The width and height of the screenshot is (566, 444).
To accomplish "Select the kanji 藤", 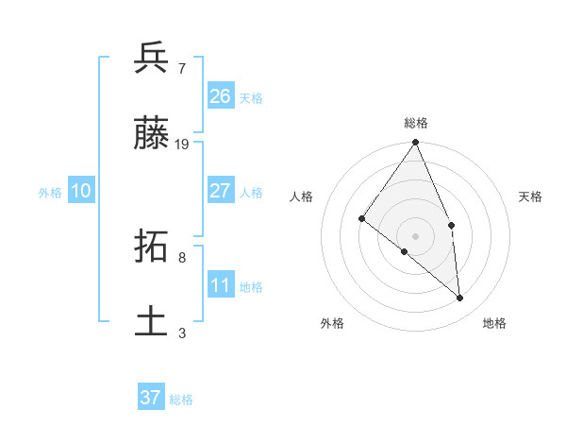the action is tap(152, 133).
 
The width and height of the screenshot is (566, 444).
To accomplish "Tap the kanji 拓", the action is tap(152, 247).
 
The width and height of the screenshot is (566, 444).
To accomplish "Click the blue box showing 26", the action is tap(221, 96).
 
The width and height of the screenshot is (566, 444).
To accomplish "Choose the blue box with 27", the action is tap(221, 191).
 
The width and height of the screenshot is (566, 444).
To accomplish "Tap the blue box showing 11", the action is tap(221, 285).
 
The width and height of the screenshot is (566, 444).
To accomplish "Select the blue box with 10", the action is tap(81, 191).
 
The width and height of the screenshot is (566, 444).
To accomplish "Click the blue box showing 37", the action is tap(151, 398).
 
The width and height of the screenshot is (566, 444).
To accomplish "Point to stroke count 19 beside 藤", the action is tap(182, 145).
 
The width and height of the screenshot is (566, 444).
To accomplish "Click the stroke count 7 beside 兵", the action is tap(181, 68).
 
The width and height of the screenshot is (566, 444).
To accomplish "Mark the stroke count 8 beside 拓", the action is tap(181, 257).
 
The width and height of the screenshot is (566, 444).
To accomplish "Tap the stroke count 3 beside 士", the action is tap(181, 333).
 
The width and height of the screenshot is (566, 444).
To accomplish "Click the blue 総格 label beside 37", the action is tap(181, 400).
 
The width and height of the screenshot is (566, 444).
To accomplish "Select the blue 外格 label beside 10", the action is tap(50, 193).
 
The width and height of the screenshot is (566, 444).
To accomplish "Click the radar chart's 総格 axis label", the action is tap(416, 123).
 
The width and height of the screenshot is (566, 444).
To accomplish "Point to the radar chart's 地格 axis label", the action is tap(494, 323).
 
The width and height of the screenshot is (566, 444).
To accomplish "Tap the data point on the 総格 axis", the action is tap(416, 143).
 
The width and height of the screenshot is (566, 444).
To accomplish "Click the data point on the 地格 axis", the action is tap(460, 298).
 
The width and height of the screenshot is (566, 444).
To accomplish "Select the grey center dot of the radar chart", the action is tap(416, 235).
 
